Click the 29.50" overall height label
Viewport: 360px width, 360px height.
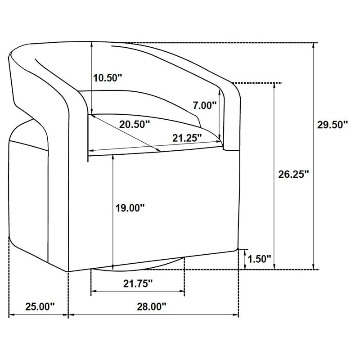click(333, 125)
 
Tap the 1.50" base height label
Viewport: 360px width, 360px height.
click(260, 259)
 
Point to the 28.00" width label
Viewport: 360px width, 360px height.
click(152, 306)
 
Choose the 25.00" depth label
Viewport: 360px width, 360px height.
click(40, 306)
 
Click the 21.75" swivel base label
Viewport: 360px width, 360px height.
click(138, 284)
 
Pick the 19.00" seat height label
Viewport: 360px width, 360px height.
click(130, 208)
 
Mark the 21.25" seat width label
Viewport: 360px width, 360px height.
click(187, 138)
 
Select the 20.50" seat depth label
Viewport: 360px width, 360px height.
click(135, 125)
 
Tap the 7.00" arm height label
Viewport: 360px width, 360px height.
click(205, 105)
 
